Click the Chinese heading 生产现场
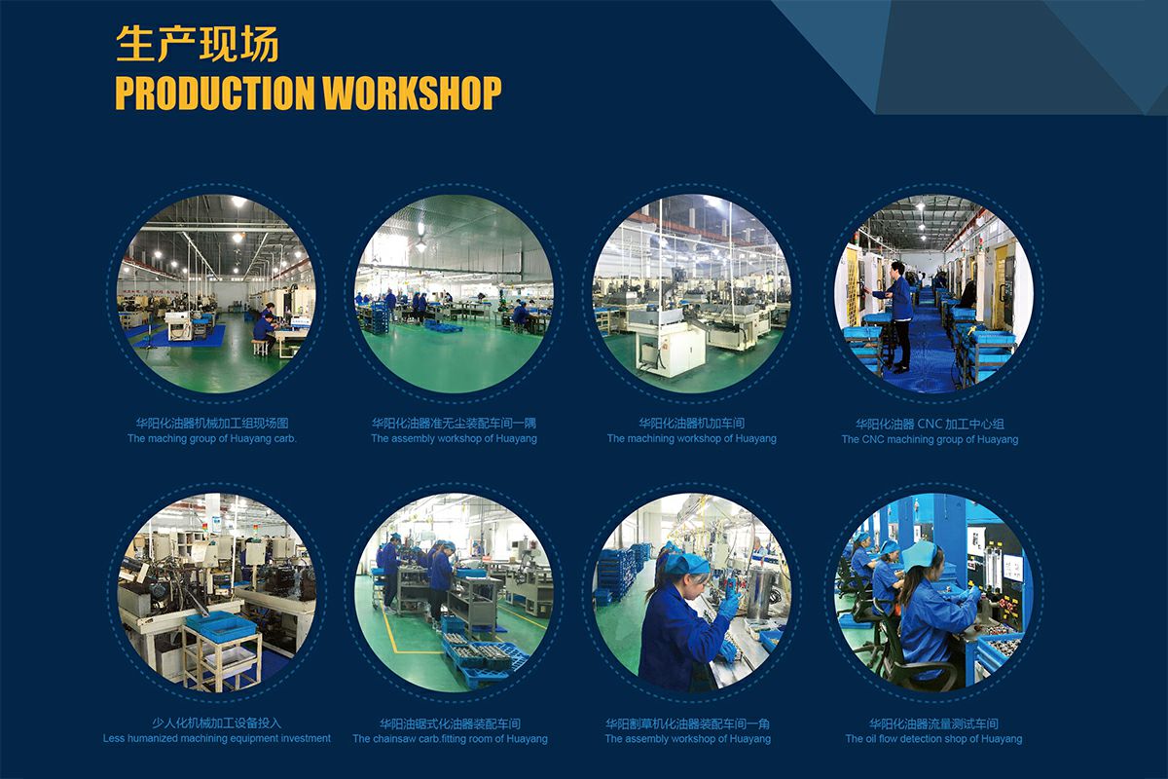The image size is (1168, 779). pos(197,45)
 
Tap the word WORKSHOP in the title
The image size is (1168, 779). pos(412,93)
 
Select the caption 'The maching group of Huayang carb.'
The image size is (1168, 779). pos(212,439)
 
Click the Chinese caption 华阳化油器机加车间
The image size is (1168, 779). pos(691,424)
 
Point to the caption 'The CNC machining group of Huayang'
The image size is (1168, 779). pos(930,439)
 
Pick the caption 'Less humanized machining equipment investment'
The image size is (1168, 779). pos(217,738)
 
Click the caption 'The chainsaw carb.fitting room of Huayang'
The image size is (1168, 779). pos(450,739)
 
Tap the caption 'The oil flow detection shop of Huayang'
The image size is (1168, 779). pos(933,739)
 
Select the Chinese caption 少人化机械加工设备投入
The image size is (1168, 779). pos(217,723)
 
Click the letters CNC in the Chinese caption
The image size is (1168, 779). pos(931,424)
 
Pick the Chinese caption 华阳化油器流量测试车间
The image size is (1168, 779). pos(933,723)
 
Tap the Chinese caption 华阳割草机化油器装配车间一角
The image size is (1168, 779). pos(688,723)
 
